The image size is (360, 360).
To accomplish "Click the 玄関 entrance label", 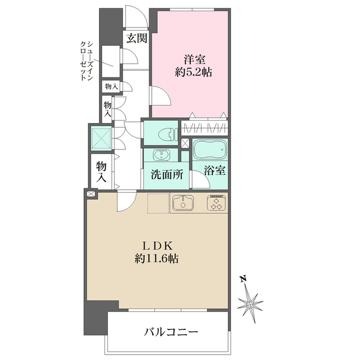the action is click(137, 38).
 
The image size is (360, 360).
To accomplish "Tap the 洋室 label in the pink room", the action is click(194, 59).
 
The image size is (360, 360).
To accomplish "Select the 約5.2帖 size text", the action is click(193, 73).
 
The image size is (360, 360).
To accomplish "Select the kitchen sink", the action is click(183, 203).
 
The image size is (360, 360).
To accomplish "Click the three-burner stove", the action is click(217, 203).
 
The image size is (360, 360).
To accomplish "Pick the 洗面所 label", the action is click(167, 175).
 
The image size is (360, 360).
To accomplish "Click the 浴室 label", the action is click(214, 170).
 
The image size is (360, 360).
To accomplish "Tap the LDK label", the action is click(157, 246).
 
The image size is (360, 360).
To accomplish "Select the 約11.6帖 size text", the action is click(157, 259).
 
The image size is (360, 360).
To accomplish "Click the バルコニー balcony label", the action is click(171, 332).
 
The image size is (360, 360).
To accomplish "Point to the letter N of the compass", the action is click(243, 278).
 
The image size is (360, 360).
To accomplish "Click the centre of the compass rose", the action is click(250, 305).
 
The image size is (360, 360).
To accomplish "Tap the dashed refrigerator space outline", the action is click(158, 203).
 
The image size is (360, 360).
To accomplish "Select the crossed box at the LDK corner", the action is click(91, 194).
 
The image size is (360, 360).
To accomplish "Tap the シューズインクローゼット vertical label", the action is click(86, 61).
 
